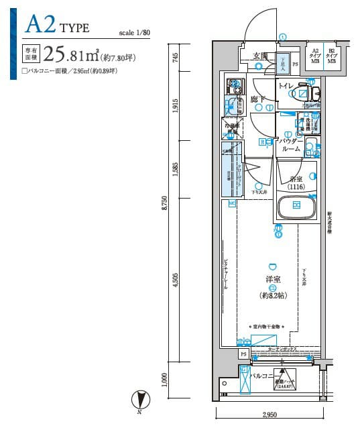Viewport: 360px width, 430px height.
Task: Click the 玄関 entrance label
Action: pos(260,56)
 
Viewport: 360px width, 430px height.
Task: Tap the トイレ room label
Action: pos(286,86)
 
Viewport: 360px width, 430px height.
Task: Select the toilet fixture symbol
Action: pos(310,93)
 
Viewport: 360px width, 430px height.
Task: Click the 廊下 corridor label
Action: pos(257,100)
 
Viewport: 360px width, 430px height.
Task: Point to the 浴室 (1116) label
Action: pos(296,184)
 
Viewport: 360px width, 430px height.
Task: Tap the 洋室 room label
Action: pos(272,278)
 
